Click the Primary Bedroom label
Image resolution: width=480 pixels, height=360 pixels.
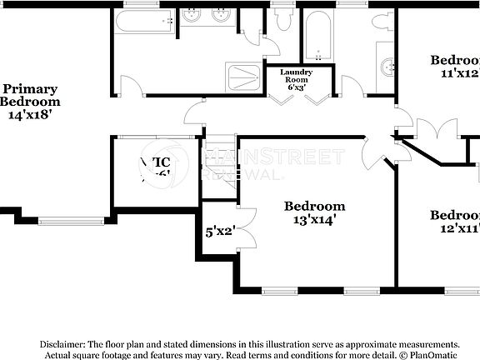tap(30, 95)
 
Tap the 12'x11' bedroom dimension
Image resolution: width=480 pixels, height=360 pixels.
tap(456, 228)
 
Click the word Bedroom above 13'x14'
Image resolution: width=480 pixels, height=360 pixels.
tap(314, 206)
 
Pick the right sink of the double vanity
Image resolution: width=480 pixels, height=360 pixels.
tap(222, 15)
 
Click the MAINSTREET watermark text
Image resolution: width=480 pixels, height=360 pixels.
tap(275, 157)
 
